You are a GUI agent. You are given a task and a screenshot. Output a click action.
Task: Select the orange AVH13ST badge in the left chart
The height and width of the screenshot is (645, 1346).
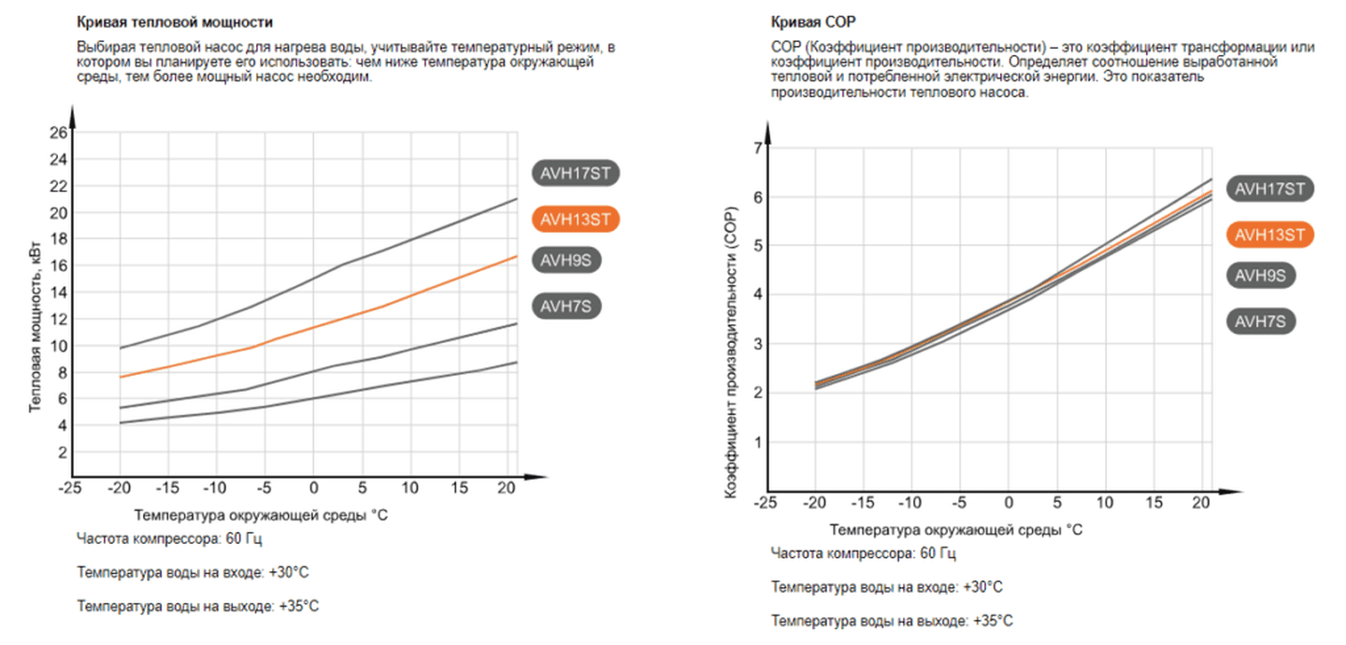[576, 219]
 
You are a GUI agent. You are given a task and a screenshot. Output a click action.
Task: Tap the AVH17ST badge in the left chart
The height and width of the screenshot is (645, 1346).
[576, 173]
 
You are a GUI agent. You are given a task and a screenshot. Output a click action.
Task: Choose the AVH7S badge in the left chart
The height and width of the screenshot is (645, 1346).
[566, 306]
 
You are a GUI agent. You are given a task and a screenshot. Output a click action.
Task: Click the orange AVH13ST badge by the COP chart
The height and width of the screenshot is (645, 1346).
[1270, 235]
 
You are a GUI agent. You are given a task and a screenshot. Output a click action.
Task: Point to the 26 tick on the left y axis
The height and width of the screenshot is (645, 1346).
[58, 133]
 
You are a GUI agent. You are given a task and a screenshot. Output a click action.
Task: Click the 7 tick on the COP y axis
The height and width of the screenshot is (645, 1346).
[757, 148]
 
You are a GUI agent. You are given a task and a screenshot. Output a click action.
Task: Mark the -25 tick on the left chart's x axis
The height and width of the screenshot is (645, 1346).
[70, 489]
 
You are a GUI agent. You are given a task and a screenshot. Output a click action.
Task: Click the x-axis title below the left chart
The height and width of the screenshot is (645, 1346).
[260, 515]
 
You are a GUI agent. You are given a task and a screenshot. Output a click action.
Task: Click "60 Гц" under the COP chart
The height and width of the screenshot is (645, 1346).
[938, 553]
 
